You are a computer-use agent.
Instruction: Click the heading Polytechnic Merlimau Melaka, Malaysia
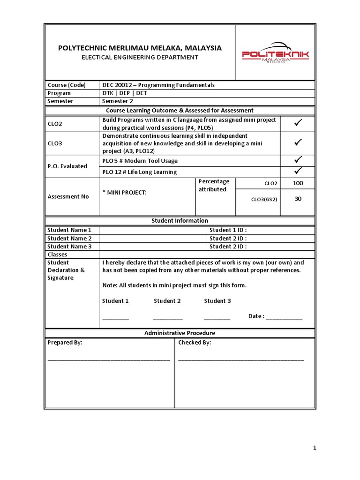(140, 48)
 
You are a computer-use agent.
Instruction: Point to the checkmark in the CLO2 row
(298, 124)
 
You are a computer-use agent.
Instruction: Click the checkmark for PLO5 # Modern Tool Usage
(298, 160)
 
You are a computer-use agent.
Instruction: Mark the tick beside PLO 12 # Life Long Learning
(298, 172)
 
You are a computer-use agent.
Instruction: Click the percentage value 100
(298, 183)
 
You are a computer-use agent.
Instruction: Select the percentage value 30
(298, 198)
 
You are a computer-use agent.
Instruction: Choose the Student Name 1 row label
(69, 230)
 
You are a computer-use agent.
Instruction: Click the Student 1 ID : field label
(228, 230)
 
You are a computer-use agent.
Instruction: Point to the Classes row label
(58, 255)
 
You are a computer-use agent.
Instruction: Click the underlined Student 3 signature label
(217, 301)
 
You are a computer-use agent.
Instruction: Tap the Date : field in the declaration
(275, 316)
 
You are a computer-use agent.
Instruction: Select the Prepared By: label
(65, 343)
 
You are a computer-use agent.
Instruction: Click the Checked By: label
(195, 343)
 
